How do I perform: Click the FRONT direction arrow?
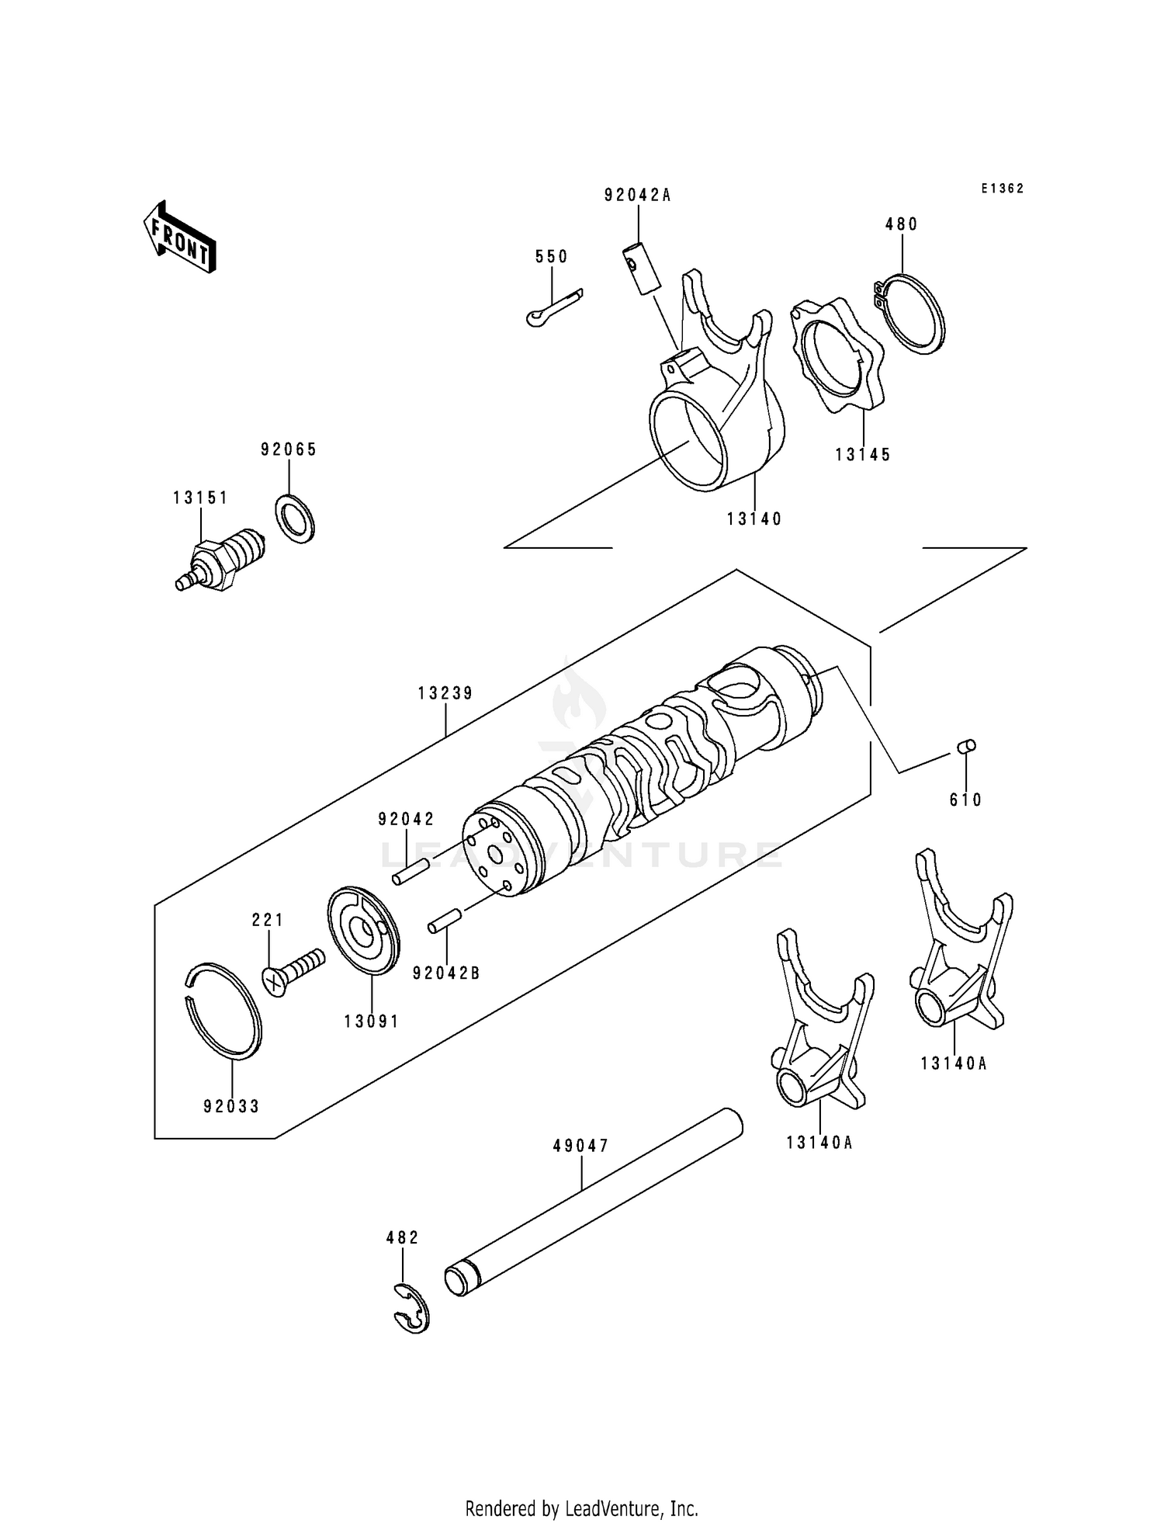pyautogui.click(x=178, y=237)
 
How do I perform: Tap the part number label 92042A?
pyautogui.click(x=637, y=196)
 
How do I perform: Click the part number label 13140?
pyautogui.click(x=754, y=519)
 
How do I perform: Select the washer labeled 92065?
pyautogui.click(x=295, y=517)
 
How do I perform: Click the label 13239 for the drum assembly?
pyautogui.click(x=445, y=693)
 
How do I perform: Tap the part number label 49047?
pyautogui.click(x=581, y=1146)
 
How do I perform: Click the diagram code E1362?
pyautogui.click(x=1002, y=189)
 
